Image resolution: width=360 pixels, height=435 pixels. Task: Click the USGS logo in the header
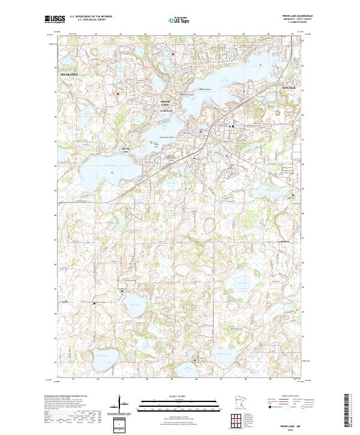click(55, 19)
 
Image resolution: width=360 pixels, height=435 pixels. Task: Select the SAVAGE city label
click(289, 88)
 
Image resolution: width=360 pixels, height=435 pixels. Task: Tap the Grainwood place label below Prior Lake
click(166, 110)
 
